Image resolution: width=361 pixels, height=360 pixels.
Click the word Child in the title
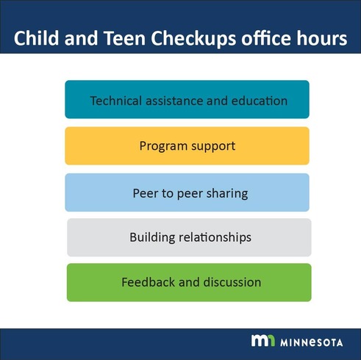(37, 39)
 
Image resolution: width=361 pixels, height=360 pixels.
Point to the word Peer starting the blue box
(144, 193)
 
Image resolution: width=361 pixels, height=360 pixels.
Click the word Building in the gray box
(151, 238)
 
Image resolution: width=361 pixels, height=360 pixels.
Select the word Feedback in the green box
(146, 282)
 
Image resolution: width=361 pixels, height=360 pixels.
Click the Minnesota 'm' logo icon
(263, 341)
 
